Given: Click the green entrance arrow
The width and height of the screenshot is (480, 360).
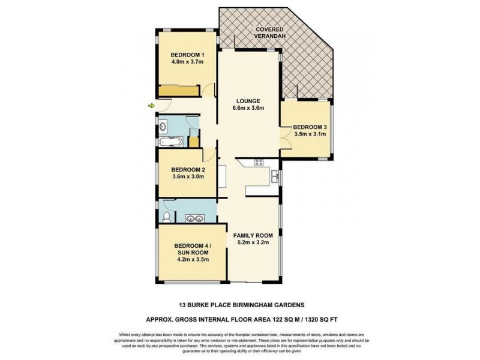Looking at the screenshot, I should coord(151,106).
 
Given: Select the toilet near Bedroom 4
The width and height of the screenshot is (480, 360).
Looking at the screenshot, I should coord(166,216).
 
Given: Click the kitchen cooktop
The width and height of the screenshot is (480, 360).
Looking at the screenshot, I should coord(259,161).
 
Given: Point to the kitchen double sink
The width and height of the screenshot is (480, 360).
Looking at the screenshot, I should coord(274,176).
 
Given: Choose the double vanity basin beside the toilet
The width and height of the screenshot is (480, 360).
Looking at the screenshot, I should coord(194,218).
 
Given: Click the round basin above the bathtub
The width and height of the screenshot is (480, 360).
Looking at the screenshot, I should coord(164,127).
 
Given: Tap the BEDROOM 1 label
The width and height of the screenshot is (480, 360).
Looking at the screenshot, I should coord(187,52).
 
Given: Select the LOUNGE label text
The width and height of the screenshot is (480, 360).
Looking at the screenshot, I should coord(247,100).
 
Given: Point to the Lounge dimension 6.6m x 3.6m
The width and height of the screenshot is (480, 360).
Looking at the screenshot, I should coord(247,109).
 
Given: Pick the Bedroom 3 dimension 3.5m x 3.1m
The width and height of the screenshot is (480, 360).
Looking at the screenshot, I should coord(310,134).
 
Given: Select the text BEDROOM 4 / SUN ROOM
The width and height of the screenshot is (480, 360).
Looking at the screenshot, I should coord(191,249).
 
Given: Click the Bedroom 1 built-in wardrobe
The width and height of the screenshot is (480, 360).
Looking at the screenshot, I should coord(179,91).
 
